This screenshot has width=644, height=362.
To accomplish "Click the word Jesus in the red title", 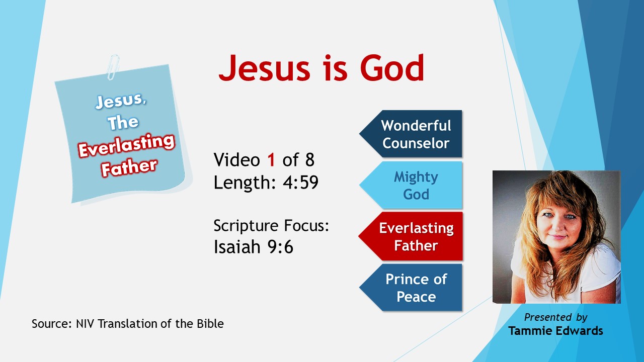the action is click(265, 68).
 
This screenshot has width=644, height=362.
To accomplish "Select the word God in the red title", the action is click(392, 68).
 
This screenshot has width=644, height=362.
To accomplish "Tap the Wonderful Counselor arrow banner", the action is click(411, 134).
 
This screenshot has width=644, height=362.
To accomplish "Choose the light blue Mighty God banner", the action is click(411, 185).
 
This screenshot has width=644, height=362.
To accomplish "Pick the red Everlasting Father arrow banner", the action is click(411, 236).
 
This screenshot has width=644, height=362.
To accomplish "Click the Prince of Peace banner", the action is click(411, 288).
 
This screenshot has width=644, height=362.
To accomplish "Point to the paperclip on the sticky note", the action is click(113, 67).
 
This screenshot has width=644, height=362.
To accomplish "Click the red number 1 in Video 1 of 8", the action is click(271, 160).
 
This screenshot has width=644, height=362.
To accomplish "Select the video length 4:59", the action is click(301, 182).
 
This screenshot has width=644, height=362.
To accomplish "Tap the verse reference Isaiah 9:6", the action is click(253, 246).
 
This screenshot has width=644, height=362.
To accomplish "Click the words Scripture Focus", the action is click(271, 226).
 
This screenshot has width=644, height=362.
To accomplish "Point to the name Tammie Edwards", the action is click(556, 331).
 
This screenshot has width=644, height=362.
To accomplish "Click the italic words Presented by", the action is click(556, 317).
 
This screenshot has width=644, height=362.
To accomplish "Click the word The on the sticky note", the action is click(123, 122).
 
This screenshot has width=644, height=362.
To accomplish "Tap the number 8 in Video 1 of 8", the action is click(309, 160).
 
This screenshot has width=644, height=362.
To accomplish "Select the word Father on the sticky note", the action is click(129, 167).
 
